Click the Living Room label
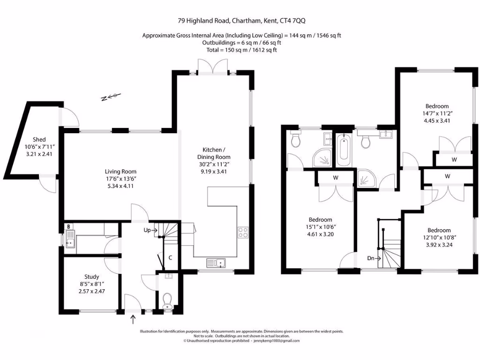click(x=120, y=172)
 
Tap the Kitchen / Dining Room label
click(x=214, y=153)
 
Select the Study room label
click(x=91, y=277)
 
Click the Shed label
click(x=39, y=140)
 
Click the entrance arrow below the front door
click(x=133, y=320)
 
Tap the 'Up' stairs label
click(x=147, y=230)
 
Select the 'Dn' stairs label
click(x=371, y=258)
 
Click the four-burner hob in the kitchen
click(x=243, y=232)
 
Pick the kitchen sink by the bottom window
click(x=216, y=263)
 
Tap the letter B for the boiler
click(x=69, y=226)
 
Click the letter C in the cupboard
click(x=170, y=258)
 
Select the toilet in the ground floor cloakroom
click(x=167, y=301)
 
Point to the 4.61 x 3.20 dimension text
click(x=321, y=234)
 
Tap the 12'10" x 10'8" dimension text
click(x=439, y=237)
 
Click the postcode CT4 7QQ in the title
click(x=293, y=21)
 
